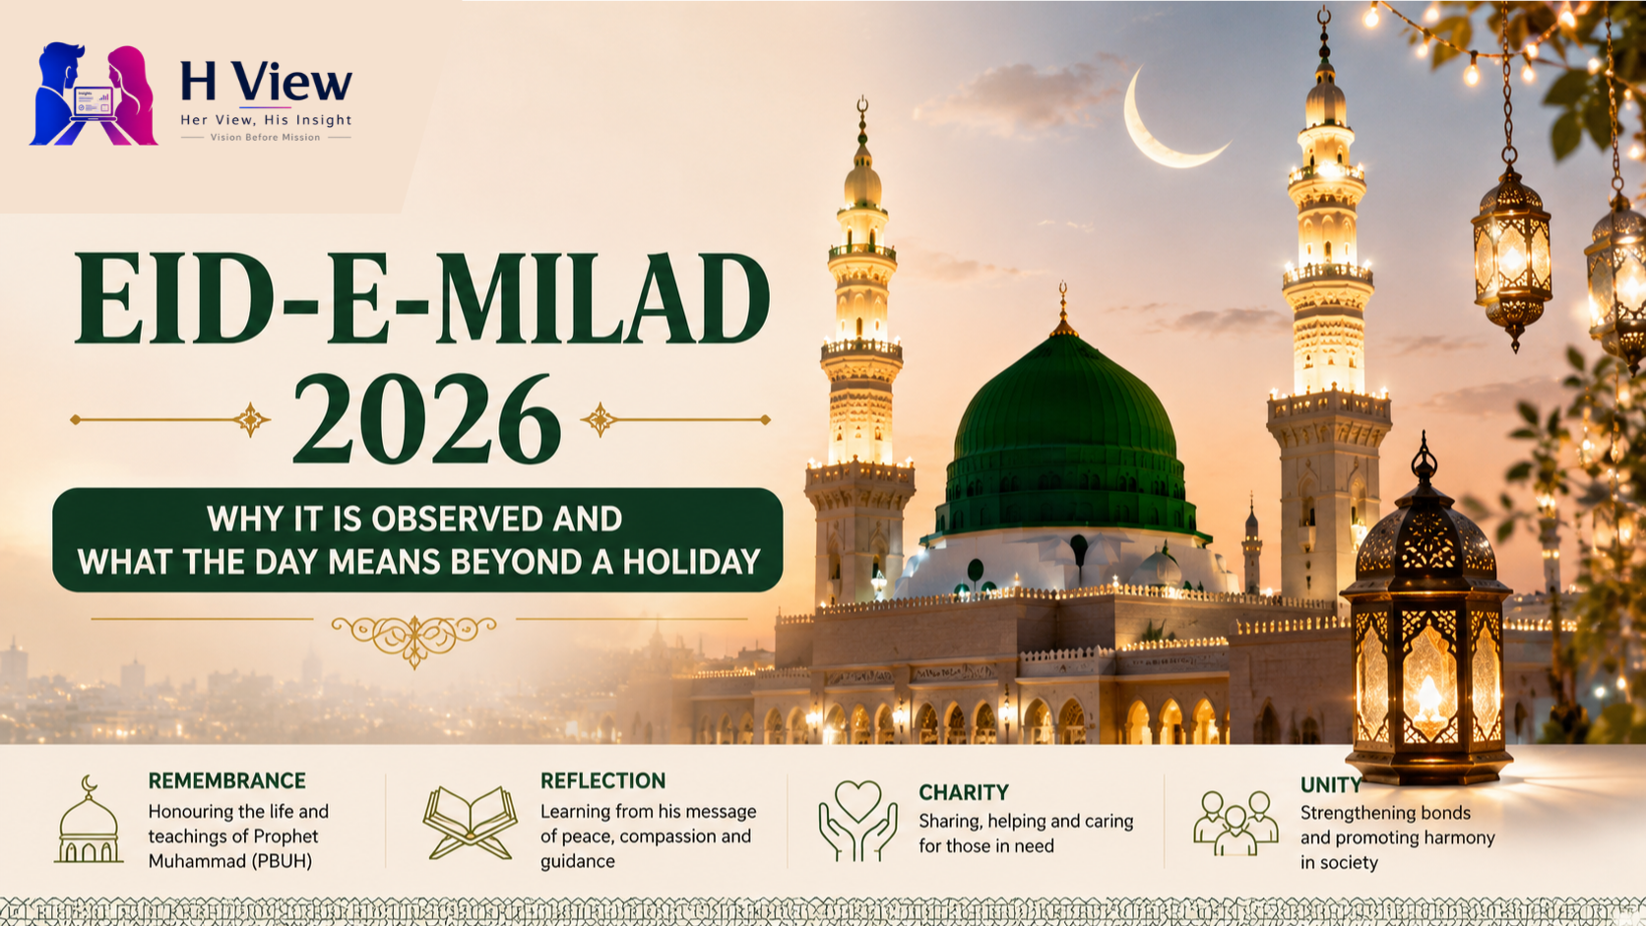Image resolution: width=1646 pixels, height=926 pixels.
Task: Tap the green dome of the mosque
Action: pyautogui.click(x=1064, y=433)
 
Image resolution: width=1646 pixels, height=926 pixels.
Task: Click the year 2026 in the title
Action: pyautogui.click(x=427, y=419)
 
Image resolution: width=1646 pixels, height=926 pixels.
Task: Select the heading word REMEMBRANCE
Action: pyautogui.click(x=227, y=780)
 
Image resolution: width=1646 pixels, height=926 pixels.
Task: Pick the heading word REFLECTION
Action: pyautogui.click(x=603, y=780)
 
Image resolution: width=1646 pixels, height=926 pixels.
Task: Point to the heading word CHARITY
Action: pyautogui.click(x=964, y=792)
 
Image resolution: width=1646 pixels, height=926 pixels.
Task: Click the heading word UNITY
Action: pyautogui.click(x=1331, y=785)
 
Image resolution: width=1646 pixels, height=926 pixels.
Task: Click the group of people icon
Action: pyautogui.click(x=1235, y=823)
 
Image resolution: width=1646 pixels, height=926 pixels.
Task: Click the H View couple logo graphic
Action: pyautogui.click(x=94, y=94)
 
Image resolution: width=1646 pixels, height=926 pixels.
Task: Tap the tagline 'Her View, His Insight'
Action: pyautogui.click(x=266, y=120)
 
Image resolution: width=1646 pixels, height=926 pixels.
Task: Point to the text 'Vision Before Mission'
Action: pyautogui.click(x=265, y=138)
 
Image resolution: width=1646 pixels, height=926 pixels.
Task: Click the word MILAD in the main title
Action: pyautogui.click(x=603, y=298)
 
